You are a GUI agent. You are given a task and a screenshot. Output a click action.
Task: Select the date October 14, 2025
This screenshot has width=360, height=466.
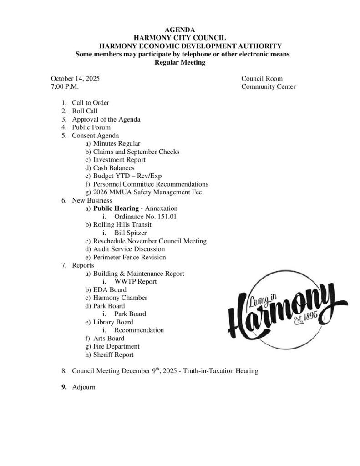(75, 79)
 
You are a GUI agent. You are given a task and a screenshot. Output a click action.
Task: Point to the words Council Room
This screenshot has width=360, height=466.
(262, 79)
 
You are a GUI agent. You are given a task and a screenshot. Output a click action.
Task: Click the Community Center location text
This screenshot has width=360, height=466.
(269, 86)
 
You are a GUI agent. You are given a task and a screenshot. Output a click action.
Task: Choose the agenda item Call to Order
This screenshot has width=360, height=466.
(91, 103)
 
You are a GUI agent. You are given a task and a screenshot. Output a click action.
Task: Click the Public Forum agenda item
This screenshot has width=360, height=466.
(91, 127)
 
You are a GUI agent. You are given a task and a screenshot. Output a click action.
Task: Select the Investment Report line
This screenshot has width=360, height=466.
(119, 160)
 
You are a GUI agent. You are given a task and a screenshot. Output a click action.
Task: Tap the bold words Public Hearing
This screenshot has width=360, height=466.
(116, 208)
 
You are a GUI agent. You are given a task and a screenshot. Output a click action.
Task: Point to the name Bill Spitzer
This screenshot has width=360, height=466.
(131, 233)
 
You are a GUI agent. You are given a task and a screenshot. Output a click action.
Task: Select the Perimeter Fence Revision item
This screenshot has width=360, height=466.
(129, 257)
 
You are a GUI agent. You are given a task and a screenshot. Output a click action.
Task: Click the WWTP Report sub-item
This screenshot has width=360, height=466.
(136, 282)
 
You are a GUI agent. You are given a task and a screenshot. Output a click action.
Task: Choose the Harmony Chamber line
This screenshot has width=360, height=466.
(120, 298)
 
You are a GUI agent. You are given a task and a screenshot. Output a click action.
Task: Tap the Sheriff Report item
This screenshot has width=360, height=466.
(113, 355)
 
